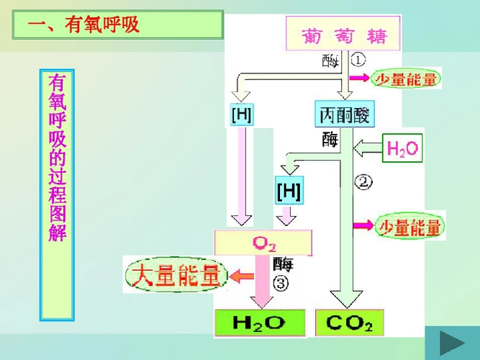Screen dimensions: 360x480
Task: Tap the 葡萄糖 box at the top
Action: [x=345, y=35]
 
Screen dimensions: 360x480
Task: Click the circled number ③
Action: [x=281, y=283]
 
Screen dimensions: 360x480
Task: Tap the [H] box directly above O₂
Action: [x=289, y=192]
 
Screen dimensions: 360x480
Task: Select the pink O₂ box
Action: [x=264, y=243]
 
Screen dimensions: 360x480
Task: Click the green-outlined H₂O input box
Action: [x=403, y=149]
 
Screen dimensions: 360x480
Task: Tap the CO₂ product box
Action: [x=349, y=323]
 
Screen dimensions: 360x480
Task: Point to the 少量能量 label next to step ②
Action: [x=410, y=227]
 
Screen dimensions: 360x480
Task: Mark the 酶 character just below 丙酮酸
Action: [x=330, y=138]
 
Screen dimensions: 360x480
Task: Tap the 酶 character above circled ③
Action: [x=283, y=264]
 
